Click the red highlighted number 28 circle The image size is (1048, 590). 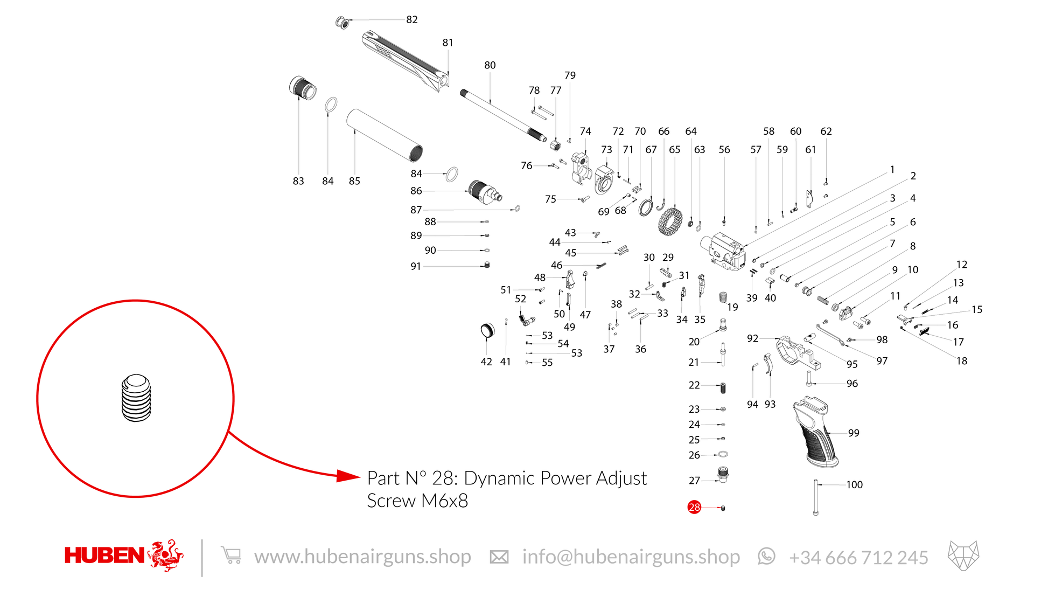click(694, 507)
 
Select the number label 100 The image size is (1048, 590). click(854, 485)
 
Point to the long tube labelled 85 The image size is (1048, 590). click(384, 135)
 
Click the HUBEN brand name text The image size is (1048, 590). click(104, 556)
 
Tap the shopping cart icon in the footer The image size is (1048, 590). click(231, 556)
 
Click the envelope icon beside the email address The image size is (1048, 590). click(499, 557)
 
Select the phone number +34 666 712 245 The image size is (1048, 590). click(858, 558)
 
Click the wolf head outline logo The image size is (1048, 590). click(963, 556)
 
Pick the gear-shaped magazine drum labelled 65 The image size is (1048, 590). click(670, 221)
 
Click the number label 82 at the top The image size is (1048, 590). click(412, 19)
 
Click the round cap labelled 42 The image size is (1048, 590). click(487, 330)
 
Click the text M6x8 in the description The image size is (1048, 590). click(444, 501)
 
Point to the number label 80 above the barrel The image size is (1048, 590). click(490, 65)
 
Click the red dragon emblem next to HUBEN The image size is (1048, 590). click(166, 555)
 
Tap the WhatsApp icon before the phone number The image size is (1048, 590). click(766, 556)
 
